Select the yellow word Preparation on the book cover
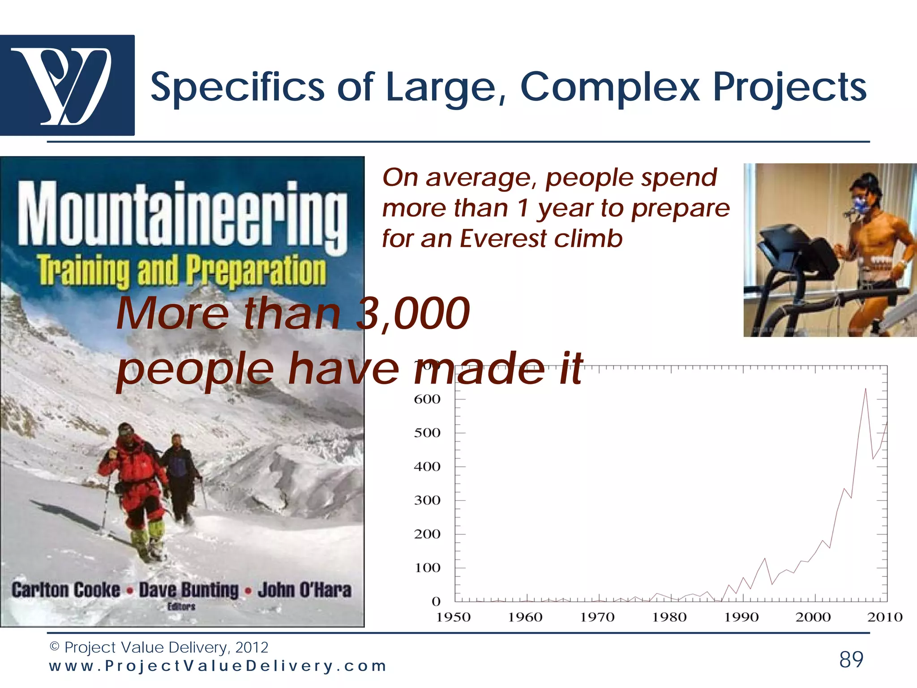click(256, 270)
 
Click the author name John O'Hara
click(304, 590)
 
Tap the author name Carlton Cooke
click(66, 590)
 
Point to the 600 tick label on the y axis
click(427, 399)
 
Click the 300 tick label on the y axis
click(427, 500)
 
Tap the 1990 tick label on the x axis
click(741, 617)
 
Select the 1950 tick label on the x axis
click(453, 617)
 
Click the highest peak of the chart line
click(865, 389)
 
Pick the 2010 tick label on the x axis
click(885, 617)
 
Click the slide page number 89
click(851, 659)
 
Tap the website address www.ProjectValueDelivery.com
click(218, 666)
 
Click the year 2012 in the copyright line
click(252, 647)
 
